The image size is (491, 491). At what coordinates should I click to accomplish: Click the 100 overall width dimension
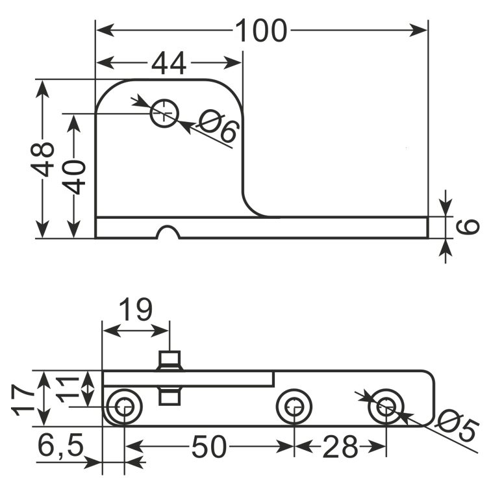click(x=261, y=31)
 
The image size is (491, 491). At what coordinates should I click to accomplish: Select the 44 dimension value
click(x=169, y=63)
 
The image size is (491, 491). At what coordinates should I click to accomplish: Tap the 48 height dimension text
click(x=42, y=159)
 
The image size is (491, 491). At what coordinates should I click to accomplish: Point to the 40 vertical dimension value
click(x=74, y=177)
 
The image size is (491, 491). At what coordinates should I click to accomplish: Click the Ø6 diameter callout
click(x=219, y=126)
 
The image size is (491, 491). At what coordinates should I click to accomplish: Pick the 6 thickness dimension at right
click(x=468, y=227)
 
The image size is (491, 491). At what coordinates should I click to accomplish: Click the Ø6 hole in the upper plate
click(x=164, y=114)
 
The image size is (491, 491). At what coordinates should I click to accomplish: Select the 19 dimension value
click(x=136, y=309)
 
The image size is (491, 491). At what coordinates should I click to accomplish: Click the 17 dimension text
click(x=23, y=400)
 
